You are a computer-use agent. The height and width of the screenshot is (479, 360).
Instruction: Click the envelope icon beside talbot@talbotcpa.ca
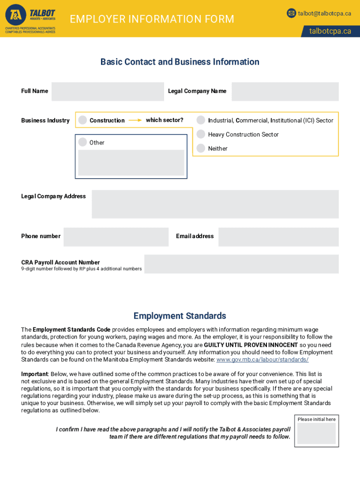coord(291,13)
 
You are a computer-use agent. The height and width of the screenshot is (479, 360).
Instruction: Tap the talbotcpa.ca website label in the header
coord(330,31)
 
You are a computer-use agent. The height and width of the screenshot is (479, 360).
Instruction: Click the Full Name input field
coord(108,92)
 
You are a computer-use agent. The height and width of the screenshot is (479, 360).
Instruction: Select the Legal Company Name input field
coord(285,92)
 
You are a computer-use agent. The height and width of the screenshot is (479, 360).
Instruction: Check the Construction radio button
coord(83,120)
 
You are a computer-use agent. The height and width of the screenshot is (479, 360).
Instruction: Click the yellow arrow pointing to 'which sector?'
coord(135,120)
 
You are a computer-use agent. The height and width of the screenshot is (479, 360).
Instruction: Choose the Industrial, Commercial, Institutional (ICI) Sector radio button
coord(201,120)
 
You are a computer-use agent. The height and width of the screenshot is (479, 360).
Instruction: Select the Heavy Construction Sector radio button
coord(201,134)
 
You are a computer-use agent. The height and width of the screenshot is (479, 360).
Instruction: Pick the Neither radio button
coord(201,148)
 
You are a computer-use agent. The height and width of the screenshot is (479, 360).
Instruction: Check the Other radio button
coord(83,142)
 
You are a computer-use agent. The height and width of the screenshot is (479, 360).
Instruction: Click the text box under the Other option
coord(131,163)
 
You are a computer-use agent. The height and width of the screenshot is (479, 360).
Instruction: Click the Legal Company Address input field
coord(215,204)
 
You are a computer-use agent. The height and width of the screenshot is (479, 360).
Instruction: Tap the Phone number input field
coord(116,237)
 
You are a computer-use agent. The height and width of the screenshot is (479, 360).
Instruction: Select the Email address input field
coord(278,237)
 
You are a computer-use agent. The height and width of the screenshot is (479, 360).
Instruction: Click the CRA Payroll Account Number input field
coord(241,264)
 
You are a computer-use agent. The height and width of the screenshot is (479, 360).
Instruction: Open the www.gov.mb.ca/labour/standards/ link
coord(262,360)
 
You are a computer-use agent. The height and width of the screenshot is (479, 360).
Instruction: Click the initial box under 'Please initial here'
coord(317,434)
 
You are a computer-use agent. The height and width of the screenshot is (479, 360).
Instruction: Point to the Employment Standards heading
coord(180,316)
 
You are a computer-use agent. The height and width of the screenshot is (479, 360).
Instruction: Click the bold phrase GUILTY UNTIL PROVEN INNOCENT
coord(251,345)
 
